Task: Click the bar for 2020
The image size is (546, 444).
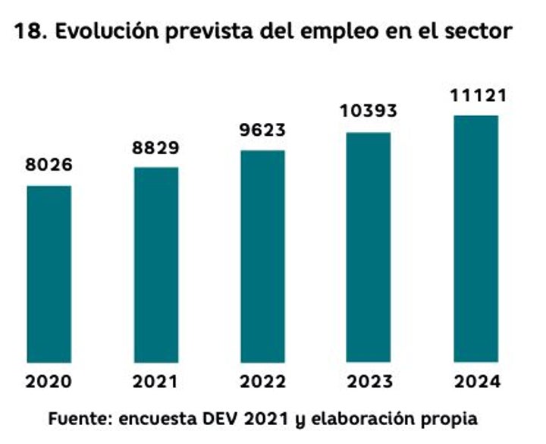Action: point(49,273)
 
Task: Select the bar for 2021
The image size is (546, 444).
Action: point(156,264)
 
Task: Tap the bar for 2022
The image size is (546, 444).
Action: point(262,256)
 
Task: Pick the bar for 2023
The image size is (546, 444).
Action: point(369,247)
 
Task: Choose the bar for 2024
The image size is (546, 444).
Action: point(475,238)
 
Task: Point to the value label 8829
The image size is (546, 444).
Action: point(156,147)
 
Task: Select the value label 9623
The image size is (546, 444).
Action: point(262,130)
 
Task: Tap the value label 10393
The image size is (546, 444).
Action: point(369,112)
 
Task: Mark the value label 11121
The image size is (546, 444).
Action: point(475,96)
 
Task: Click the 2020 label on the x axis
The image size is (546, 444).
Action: point(49,382)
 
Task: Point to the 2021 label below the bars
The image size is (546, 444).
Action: point(156,382)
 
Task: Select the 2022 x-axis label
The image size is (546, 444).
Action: point(262,382)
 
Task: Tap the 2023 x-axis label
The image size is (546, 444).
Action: point(369,382)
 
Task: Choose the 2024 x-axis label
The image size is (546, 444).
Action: point(475,382)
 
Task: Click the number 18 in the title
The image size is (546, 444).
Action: point(27,32)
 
